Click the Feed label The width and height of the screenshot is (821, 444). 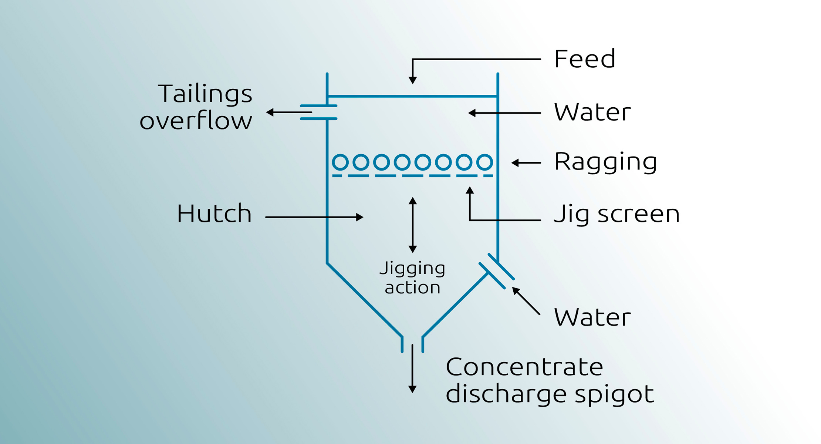tap(584, 59)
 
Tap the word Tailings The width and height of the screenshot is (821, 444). tap(205, 94)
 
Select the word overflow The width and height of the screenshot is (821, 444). tap(196, 121)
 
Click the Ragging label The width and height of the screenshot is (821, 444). tap(605, 162)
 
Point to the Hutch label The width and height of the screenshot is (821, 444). tap(214, 213)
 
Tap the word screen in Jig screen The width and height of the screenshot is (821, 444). tap(639, 214)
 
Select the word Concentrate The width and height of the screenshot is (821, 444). tap(524, 367)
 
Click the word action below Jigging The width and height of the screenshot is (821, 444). tap(412, 288)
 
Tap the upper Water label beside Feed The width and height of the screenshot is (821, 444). tap(592, 112)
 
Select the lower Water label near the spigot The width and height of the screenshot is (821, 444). tap(592, 317)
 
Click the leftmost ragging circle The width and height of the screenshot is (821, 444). tap(340, 162)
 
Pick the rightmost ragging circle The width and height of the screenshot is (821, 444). tap(484, 162)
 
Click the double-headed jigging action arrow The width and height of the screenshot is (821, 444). tap(413, 225)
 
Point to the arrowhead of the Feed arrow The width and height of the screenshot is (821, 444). tap(413, 80)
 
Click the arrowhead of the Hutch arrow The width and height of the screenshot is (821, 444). tap(359, 217)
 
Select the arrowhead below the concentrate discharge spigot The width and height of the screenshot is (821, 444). tap(412, 389)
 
